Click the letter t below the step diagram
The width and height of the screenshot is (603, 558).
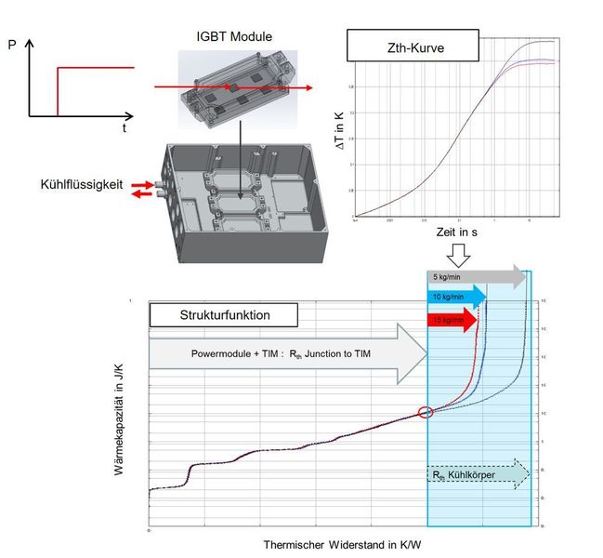pos(124,129)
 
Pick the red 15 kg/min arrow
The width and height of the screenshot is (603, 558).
pos(450,320)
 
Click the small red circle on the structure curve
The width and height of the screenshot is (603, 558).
pos(426,412)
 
